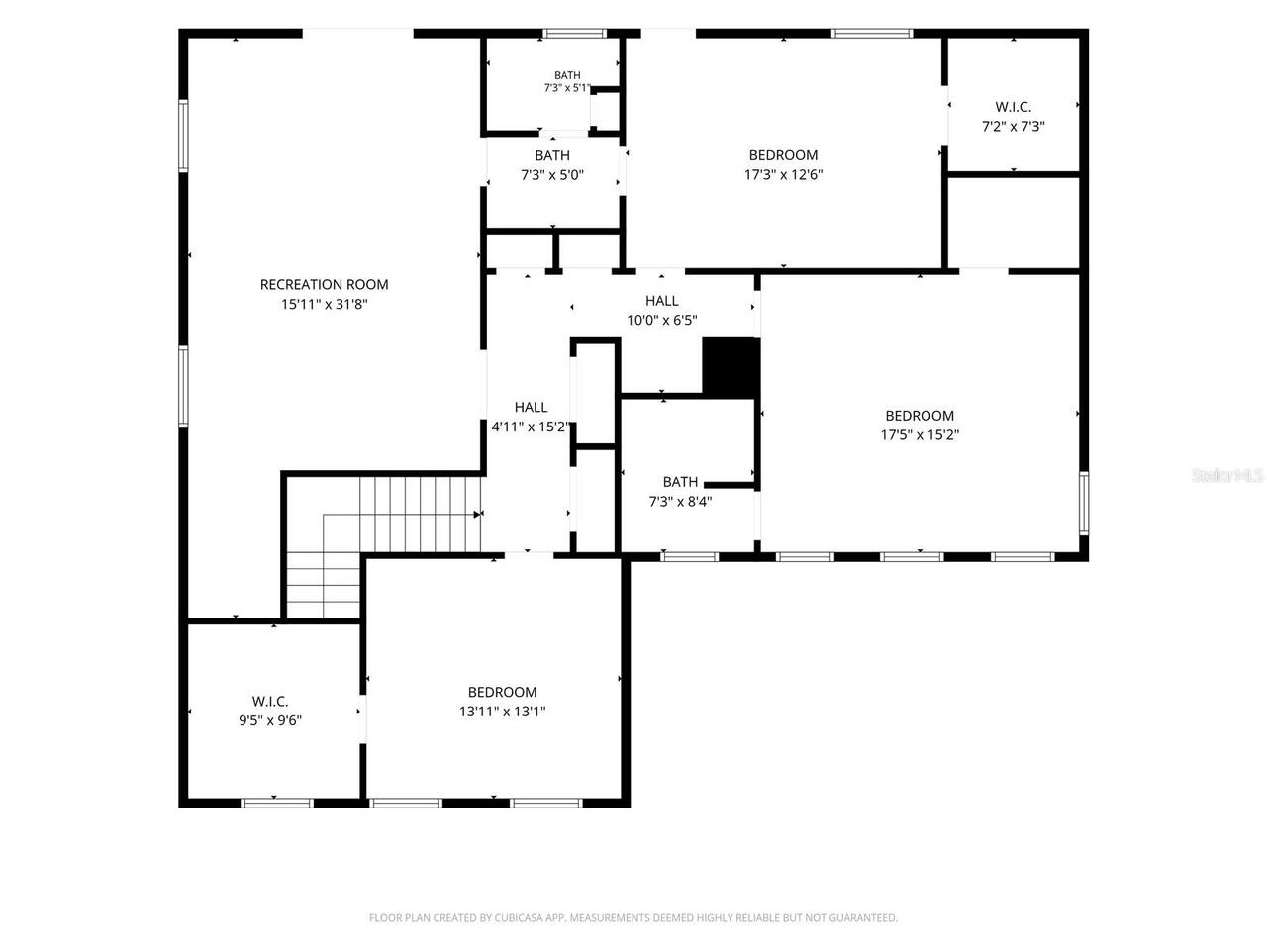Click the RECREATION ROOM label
coord(324,284)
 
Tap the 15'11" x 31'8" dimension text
coord(324,304)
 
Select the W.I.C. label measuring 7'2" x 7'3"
coord(1013,107)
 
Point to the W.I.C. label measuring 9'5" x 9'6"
coord(269,701)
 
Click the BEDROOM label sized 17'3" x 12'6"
coord(783,155)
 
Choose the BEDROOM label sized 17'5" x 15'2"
coord(920,416)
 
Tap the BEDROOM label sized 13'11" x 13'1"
coord(502,692)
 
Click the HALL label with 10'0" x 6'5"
coord(662,301)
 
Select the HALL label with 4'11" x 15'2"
coord(531,408)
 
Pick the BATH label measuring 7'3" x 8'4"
coord(681,482)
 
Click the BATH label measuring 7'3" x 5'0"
coord(552,155)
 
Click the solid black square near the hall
coord(731,367)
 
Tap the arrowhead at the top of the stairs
coord(477,514)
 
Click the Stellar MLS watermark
coord(1227,475)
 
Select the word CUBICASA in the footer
coord(519,917)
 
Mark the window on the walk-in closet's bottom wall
coord(277,803)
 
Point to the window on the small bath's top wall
coord(575,33)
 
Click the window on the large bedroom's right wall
coord(1084,503)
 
